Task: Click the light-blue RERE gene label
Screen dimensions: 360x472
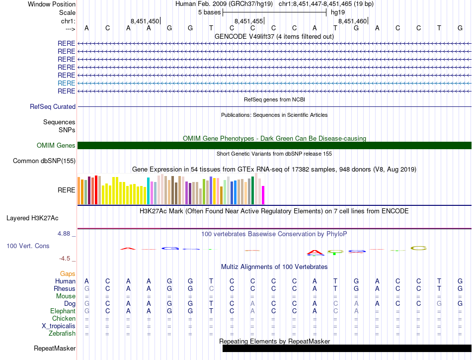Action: pos(67,83)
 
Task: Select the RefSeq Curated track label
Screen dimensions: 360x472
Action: pos(53,106)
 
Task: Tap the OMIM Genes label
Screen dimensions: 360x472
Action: pos(56,146)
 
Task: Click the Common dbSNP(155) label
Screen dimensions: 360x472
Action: pos(44,161)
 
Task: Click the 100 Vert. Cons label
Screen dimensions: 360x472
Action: pos(28,246)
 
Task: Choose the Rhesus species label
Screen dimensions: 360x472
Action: pos(65,289)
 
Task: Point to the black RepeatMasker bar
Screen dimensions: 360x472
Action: pos(347,348)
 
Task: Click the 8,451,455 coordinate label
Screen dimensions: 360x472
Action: pos(248,21)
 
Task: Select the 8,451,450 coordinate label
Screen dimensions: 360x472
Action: pos(145,21)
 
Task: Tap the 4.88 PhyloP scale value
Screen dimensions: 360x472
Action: pos(67,234)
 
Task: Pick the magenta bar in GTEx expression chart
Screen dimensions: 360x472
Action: pos(263,195)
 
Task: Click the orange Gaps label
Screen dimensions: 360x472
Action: pos(68,274)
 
